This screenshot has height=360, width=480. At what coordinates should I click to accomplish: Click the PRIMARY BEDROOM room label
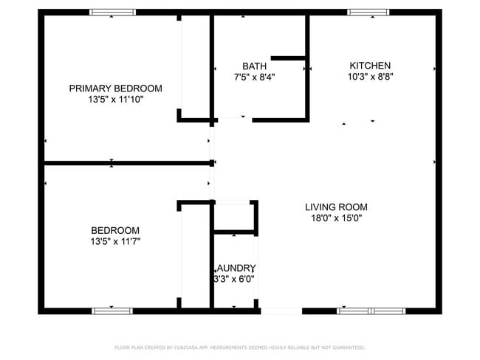[115, 89]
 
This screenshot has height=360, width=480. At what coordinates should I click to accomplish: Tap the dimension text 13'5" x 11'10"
[115, 99]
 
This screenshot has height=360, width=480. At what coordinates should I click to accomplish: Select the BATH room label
[254, 66]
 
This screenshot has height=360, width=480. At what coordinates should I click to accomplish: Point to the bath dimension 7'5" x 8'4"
[254, 76]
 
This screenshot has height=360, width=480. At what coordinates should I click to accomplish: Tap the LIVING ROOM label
[336, 207]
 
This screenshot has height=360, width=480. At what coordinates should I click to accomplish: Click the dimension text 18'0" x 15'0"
[336, 218]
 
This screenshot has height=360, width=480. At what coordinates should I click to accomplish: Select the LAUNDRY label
[235, 268]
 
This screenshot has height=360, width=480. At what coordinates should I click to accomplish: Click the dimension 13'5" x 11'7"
[115, 241]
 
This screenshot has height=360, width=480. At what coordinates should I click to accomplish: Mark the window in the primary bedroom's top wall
[113, 12]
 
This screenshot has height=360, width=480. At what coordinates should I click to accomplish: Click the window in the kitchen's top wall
[368, 12]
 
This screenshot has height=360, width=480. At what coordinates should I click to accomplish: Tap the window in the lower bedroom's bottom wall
[114, 311]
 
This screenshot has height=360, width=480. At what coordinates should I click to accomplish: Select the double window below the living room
[371, 311]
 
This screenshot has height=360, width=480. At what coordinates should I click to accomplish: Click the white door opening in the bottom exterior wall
[281, 311]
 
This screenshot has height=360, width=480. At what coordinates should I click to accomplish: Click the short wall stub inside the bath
[289, 58]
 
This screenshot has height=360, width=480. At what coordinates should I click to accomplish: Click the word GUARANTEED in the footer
[348, 347]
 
